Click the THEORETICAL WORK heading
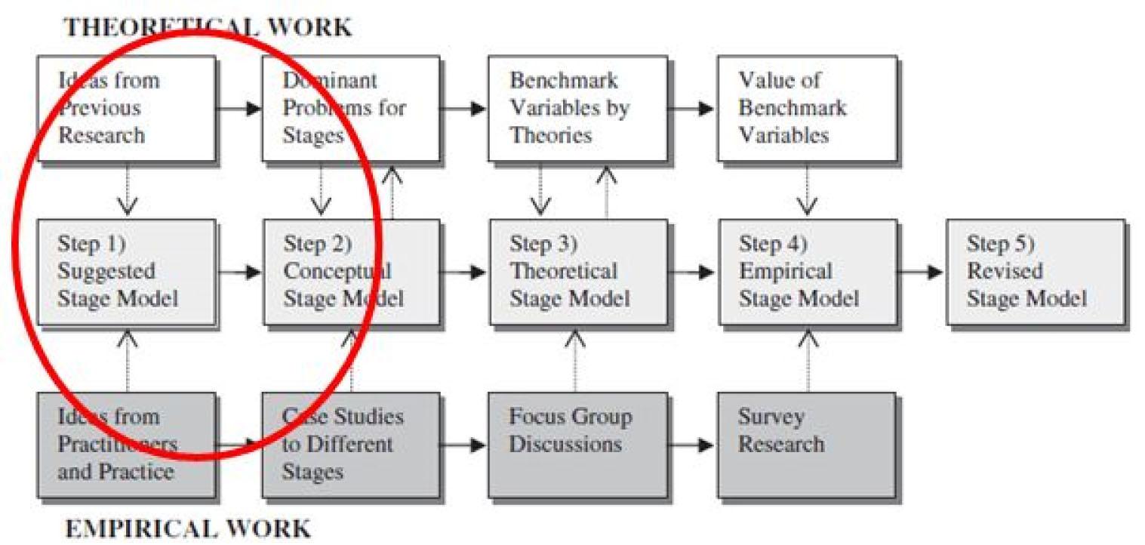click(208, 27)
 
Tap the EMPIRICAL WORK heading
click(188, 528)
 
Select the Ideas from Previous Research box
click(127, 109)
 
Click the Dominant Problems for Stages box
click(351, 109)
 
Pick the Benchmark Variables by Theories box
click(577, 109)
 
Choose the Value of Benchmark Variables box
click(807, 109)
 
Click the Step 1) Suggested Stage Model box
click(127, 272)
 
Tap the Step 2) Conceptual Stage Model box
click(351, 272)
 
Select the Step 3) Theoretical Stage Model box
click(579, 272)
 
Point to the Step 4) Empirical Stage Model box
click(808, 272)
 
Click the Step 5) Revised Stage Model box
click(1036, 272)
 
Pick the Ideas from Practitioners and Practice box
click(126, 445)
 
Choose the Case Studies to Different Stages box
click(351, 445)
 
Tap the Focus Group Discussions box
click(577, 445)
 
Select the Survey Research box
click(807, 445)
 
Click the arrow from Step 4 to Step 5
click(920, 272)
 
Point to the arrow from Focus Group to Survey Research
click(691, 445)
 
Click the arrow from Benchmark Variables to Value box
click(691, 109)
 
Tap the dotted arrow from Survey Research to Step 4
click(808, 361)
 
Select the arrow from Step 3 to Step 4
click(691, 272)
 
